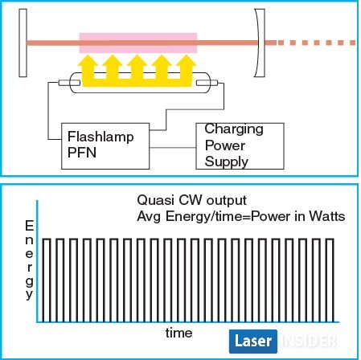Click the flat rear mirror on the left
click(23, 43)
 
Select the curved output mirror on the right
click(260, 43)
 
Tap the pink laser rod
click(138, 43)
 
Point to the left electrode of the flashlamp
click(69, 83)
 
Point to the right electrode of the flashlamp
click(207, 83)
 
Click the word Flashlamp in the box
click(101, 137)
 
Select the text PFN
click(82, 153)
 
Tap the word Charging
click(234, 129)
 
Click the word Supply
click(227, 162)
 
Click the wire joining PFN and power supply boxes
click(173, 148)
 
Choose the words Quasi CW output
click(191, 200)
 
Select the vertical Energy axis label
click(29, 260)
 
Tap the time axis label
click(178, 333)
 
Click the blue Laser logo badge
click(253, 342)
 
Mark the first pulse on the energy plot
click(47, 280)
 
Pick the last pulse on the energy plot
click(330, 280)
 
